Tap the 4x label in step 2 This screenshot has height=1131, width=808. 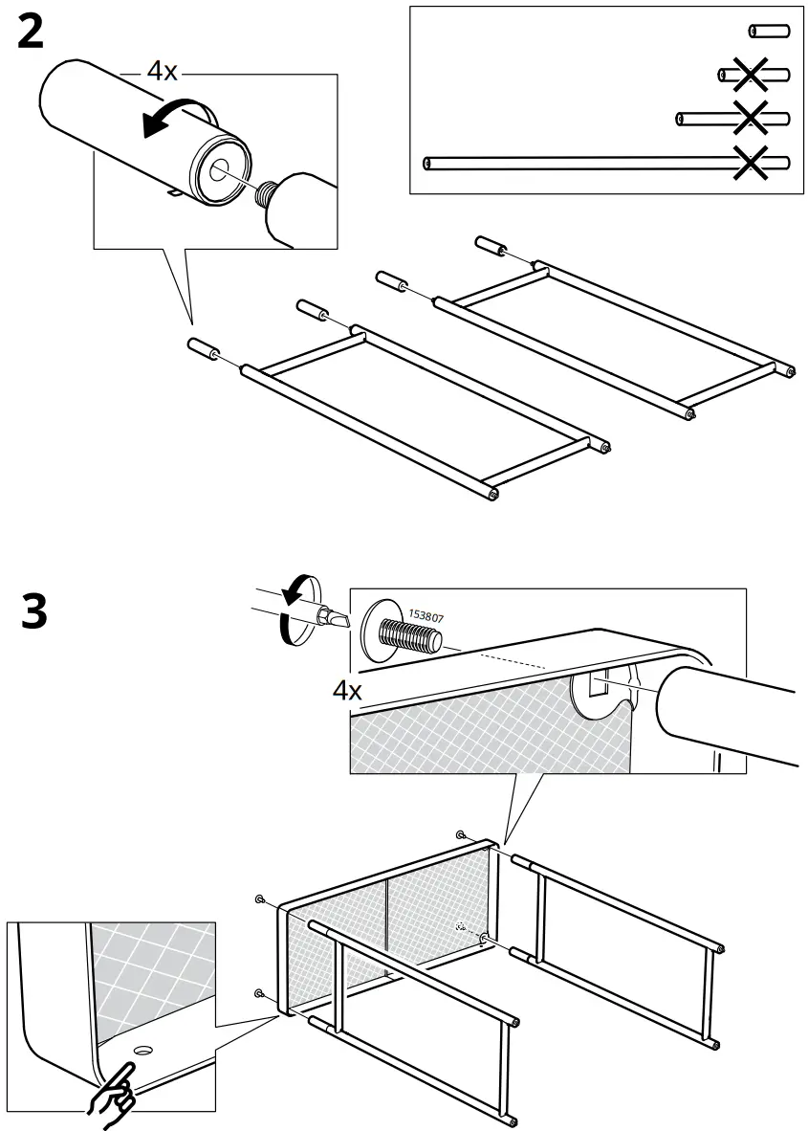click(x=162, y=72)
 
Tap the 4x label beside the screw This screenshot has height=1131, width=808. click(x=346, y=691)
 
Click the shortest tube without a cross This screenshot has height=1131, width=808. click(x=769, y=32)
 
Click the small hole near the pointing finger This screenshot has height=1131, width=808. click(x=143, y=1050)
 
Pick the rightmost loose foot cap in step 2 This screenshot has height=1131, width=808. click(x=490, y=245)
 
